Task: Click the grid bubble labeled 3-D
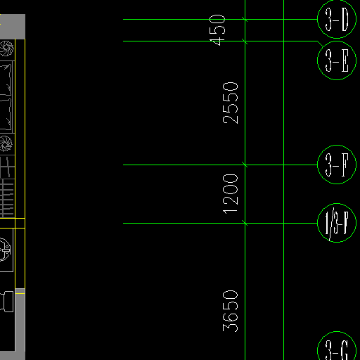click(337, 19)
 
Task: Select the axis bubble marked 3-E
click(337, 60)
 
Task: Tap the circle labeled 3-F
click(337, 165)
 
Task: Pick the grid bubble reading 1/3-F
click(337, 223)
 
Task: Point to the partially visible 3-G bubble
click(337, 346)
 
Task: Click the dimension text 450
click(217, 30)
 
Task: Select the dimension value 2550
click(230, 103)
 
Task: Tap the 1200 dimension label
click(230, 194)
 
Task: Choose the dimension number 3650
click(230, 311)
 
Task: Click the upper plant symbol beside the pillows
click(6, 49)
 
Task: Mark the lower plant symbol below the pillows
click(6, 143)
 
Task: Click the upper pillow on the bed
click(6, 79)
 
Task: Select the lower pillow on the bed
click(6, 114)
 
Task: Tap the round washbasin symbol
click(5, 250)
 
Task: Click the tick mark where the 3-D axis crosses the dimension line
click(245, 19)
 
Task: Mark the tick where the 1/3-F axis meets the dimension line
click(245, 223)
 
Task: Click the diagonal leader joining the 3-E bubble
click(320, 44)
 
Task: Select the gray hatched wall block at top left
click(13, 27)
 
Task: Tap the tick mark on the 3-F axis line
click(245, 165)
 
